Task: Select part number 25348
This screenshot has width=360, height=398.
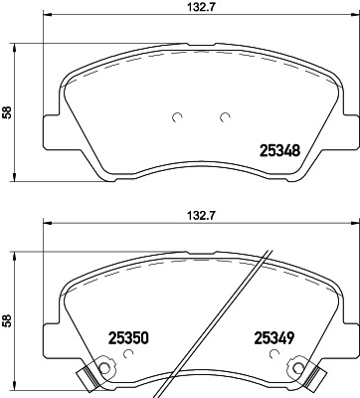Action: (x=279, y=151)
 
